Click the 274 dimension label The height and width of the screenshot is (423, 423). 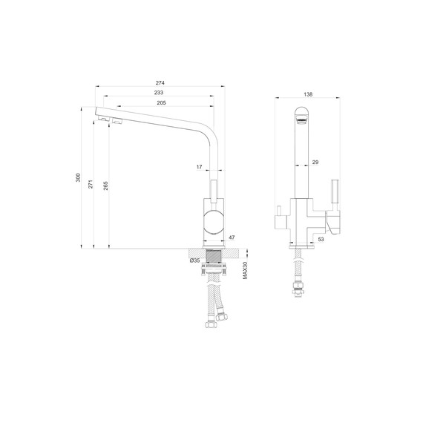[160, 83]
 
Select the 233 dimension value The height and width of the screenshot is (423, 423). [159, 93]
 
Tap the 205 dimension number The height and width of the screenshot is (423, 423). [161, 103]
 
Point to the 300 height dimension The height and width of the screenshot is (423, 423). [78, 177]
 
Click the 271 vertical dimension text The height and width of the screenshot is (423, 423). [91, 184]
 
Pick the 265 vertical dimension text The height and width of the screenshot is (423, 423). [105, 186]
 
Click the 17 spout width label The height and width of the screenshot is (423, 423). [199, 167]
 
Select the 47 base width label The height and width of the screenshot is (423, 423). [232, 237]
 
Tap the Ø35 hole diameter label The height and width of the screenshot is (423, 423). [194, 260]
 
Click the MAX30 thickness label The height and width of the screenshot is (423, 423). [245, 270]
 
